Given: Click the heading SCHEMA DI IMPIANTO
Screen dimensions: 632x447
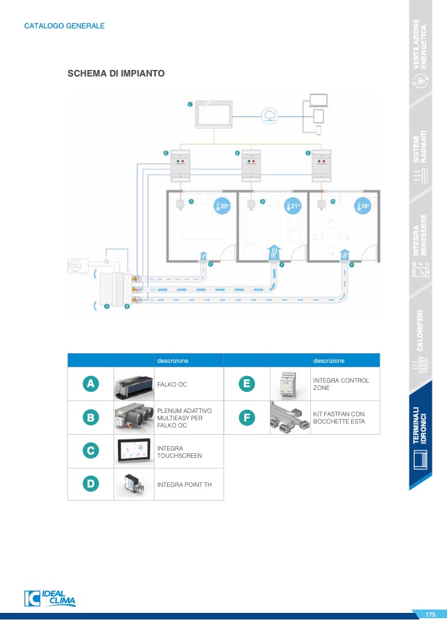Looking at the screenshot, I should [116, 73].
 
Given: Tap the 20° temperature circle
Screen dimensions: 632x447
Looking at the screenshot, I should [222, 206].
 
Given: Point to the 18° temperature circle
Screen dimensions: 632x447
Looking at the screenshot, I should [363, 206].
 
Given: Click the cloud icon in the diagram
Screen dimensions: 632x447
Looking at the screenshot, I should [269, 116].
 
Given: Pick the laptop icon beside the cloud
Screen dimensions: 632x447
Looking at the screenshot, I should [318, 101].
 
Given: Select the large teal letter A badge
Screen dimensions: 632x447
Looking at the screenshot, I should [90, 383].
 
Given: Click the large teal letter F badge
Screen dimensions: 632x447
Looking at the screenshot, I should [246, 417].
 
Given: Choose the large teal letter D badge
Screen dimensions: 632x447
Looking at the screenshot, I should [90, 484].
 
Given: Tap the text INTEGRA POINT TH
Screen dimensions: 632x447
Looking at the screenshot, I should [184, 484].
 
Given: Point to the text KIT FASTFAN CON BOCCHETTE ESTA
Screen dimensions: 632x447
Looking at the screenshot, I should [338, 418].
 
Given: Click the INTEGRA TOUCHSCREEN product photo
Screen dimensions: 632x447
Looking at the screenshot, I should [134, 451].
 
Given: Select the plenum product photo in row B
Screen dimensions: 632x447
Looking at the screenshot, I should [134, 417].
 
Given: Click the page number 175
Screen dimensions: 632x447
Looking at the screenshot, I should [430, 615].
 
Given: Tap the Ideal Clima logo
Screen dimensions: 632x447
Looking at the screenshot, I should [50, 598].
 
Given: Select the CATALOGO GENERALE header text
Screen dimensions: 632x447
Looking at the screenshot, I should [64, 26].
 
